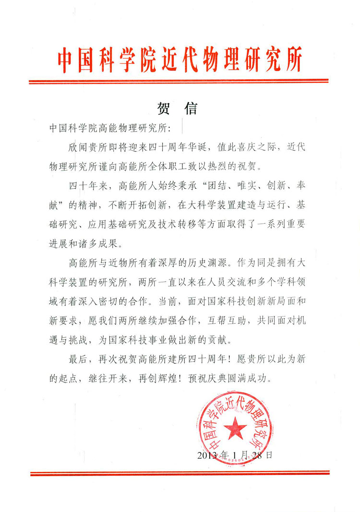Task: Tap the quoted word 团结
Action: point(239,187)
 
